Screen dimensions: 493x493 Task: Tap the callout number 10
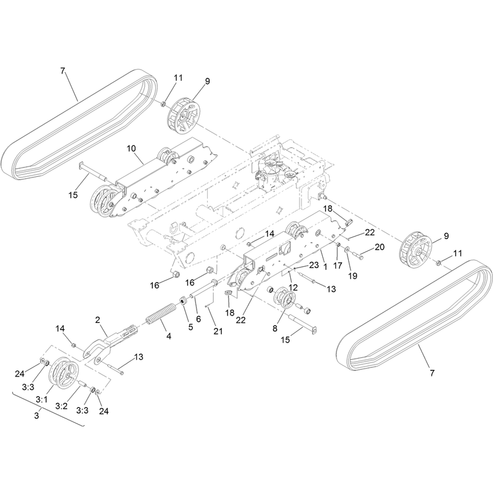131,148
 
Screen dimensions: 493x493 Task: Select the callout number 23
314,265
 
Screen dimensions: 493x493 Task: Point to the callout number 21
218,331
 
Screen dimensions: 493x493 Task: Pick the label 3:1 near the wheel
41,399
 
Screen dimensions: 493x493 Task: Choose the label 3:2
61,406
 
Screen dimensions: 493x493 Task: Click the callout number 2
97,320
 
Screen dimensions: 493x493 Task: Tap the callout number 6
198,319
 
